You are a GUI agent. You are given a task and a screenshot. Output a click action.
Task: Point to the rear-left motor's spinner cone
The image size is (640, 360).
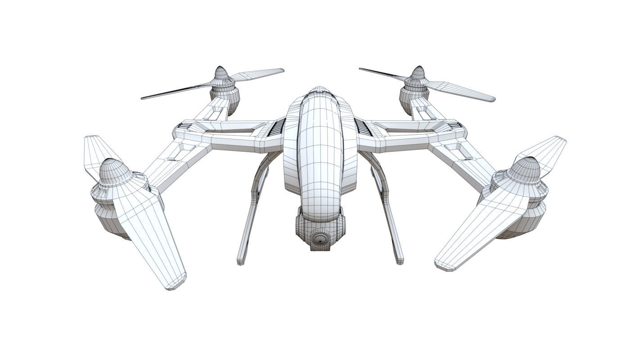tap(221, 74)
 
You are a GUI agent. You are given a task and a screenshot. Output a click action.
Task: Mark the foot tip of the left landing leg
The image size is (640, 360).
tap(241, 261)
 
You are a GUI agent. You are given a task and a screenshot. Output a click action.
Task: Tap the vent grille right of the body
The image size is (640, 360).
tap(363, 127)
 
